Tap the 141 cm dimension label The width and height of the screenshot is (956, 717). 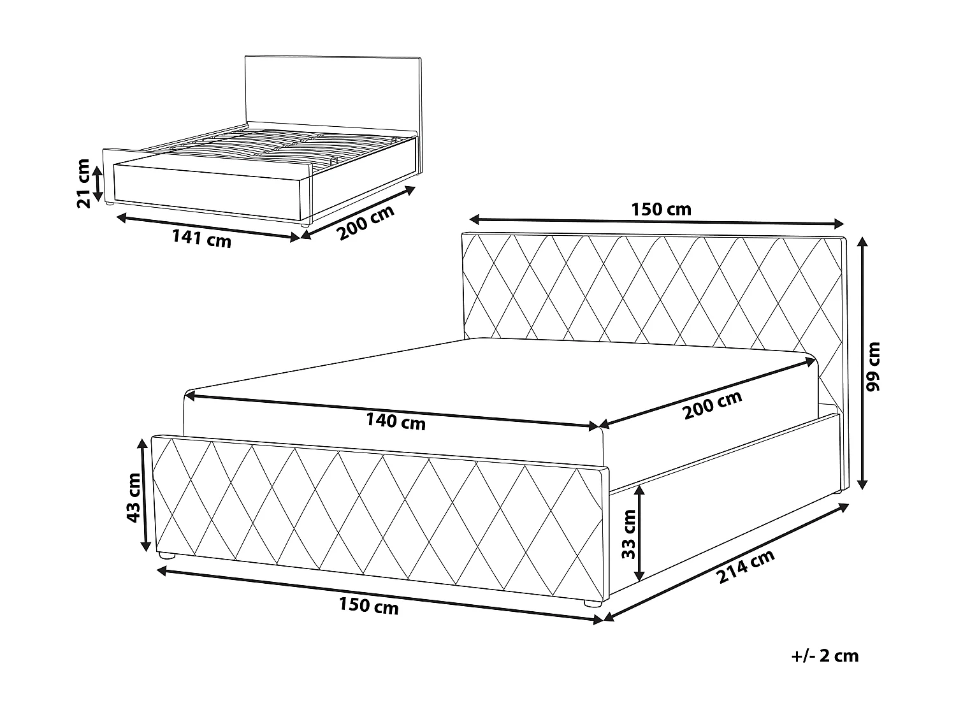pos(201,239)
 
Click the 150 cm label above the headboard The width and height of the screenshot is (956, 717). pos(661,209)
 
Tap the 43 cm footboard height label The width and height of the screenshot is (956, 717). pos(133,497)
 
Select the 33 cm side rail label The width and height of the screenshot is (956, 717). pos(629,533)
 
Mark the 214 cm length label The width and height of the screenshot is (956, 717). pos(746,567)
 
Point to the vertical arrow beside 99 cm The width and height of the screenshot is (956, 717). pos(863,363)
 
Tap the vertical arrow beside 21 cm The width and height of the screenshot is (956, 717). pos(98,183)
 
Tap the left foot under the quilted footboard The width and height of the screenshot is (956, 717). pos(167,556)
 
